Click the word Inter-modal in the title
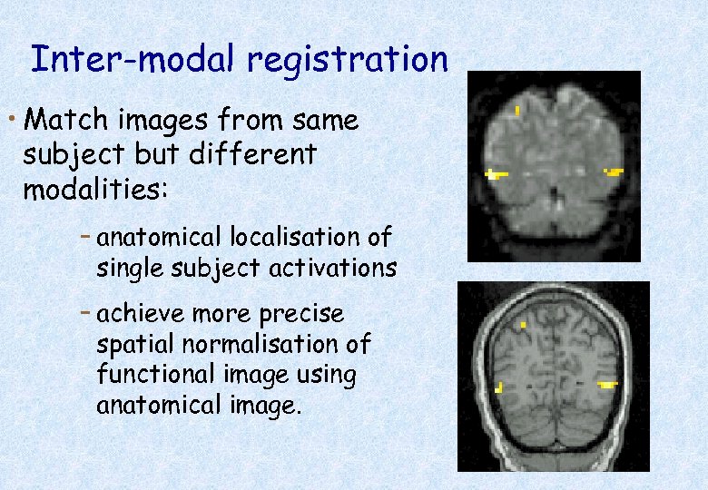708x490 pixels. coord(134,59)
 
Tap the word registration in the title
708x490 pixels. coord(348,60)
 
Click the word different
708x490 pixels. coord(253,155)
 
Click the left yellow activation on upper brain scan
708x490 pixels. coord(494,173)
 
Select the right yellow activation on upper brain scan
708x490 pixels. coord(614,171)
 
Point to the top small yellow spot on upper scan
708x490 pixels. coord(517,111)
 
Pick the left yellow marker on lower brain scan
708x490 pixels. coord(498,387)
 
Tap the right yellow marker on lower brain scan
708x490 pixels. coord(606,386)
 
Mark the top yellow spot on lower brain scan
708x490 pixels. coord(523,323)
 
